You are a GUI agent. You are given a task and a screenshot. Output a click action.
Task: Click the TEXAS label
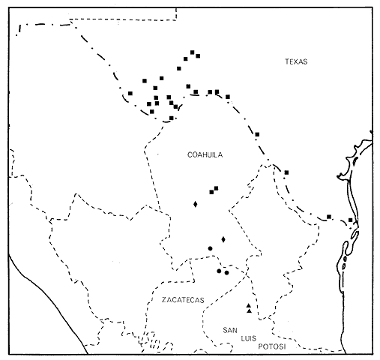click(x=297, y=61)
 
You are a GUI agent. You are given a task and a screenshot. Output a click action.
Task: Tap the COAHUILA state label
click(x=205, y=154)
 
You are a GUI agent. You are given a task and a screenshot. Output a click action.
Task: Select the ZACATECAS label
click(x=183, y=299)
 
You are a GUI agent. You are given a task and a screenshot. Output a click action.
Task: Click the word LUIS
click(x=248, y=338)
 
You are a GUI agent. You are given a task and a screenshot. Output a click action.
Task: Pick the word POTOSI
click(x=272, y=346)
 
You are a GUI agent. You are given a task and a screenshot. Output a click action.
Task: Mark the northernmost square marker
click(x=193, y=52)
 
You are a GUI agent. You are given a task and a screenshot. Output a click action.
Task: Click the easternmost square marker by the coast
click(x=351, y=220)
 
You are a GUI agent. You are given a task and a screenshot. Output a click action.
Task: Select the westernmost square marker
click(x=130, y=93)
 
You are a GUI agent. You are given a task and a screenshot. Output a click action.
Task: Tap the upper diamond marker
click(x=196, y=203)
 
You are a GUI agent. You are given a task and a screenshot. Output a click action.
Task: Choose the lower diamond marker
click(x=223, y=238)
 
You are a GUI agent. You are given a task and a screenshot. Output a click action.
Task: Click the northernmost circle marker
click(x=210, y=248)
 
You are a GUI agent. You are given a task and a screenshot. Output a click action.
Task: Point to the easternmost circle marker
click(x=226, y=272)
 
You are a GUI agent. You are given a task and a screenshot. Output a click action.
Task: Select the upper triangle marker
click(x=248, y=305)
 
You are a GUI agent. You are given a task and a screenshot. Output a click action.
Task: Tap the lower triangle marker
click(x=248, y=311)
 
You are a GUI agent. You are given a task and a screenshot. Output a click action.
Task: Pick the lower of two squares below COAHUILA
click(x=211, y=192)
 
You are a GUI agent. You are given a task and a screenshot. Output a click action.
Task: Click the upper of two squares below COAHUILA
click(x=217, y=187)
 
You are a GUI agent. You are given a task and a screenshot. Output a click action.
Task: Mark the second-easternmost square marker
click(x=329, y=217)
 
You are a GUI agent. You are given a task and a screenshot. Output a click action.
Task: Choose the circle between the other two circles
click(x=218, y=270)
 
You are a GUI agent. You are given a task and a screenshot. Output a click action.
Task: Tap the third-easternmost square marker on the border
click(x=286, y=172)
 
